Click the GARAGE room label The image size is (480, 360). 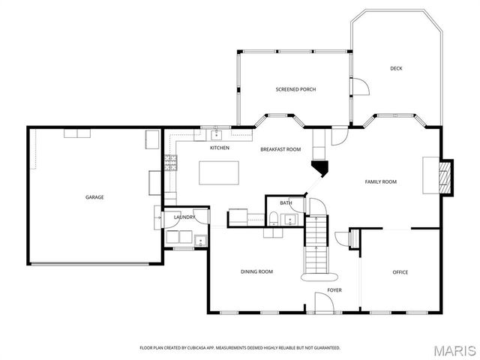point(94,197)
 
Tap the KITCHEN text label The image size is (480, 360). point(219,148)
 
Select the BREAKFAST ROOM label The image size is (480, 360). point(280,149)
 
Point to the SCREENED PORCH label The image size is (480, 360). point(295,89)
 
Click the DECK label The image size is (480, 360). point(396,68)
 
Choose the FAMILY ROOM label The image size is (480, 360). point(380,181)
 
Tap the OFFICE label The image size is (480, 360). point(400,271)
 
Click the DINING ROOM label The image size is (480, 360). point(256,271)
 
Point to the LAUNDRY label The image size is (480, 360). point(184,217)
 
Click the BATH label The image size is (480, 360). point(286,203)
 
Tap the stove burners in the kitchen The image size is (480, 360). point(171,160)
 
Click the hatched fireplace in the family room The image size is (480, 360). point(445,177)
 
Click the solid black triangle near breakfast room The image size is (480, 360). point(321,169)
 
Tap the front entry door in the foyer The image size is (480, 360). point(325,304)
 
